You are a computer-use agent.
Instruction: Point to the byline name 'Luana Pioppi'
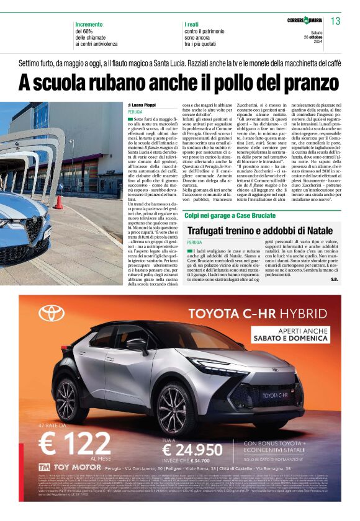click(145, 105)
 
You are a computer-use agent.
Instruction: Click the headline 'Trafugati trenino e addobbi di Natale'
click(261, 230)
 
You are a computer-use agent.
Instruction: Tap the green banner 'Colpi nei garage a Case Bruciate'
click(229, 215)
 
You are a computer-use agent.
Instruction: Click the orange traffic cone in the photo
click(59, 202)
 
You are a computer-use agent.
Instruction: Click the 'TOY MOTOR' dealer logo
click(66, 466)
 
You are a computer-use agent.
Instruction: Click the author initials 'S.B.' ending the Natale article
click(334, 279)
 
